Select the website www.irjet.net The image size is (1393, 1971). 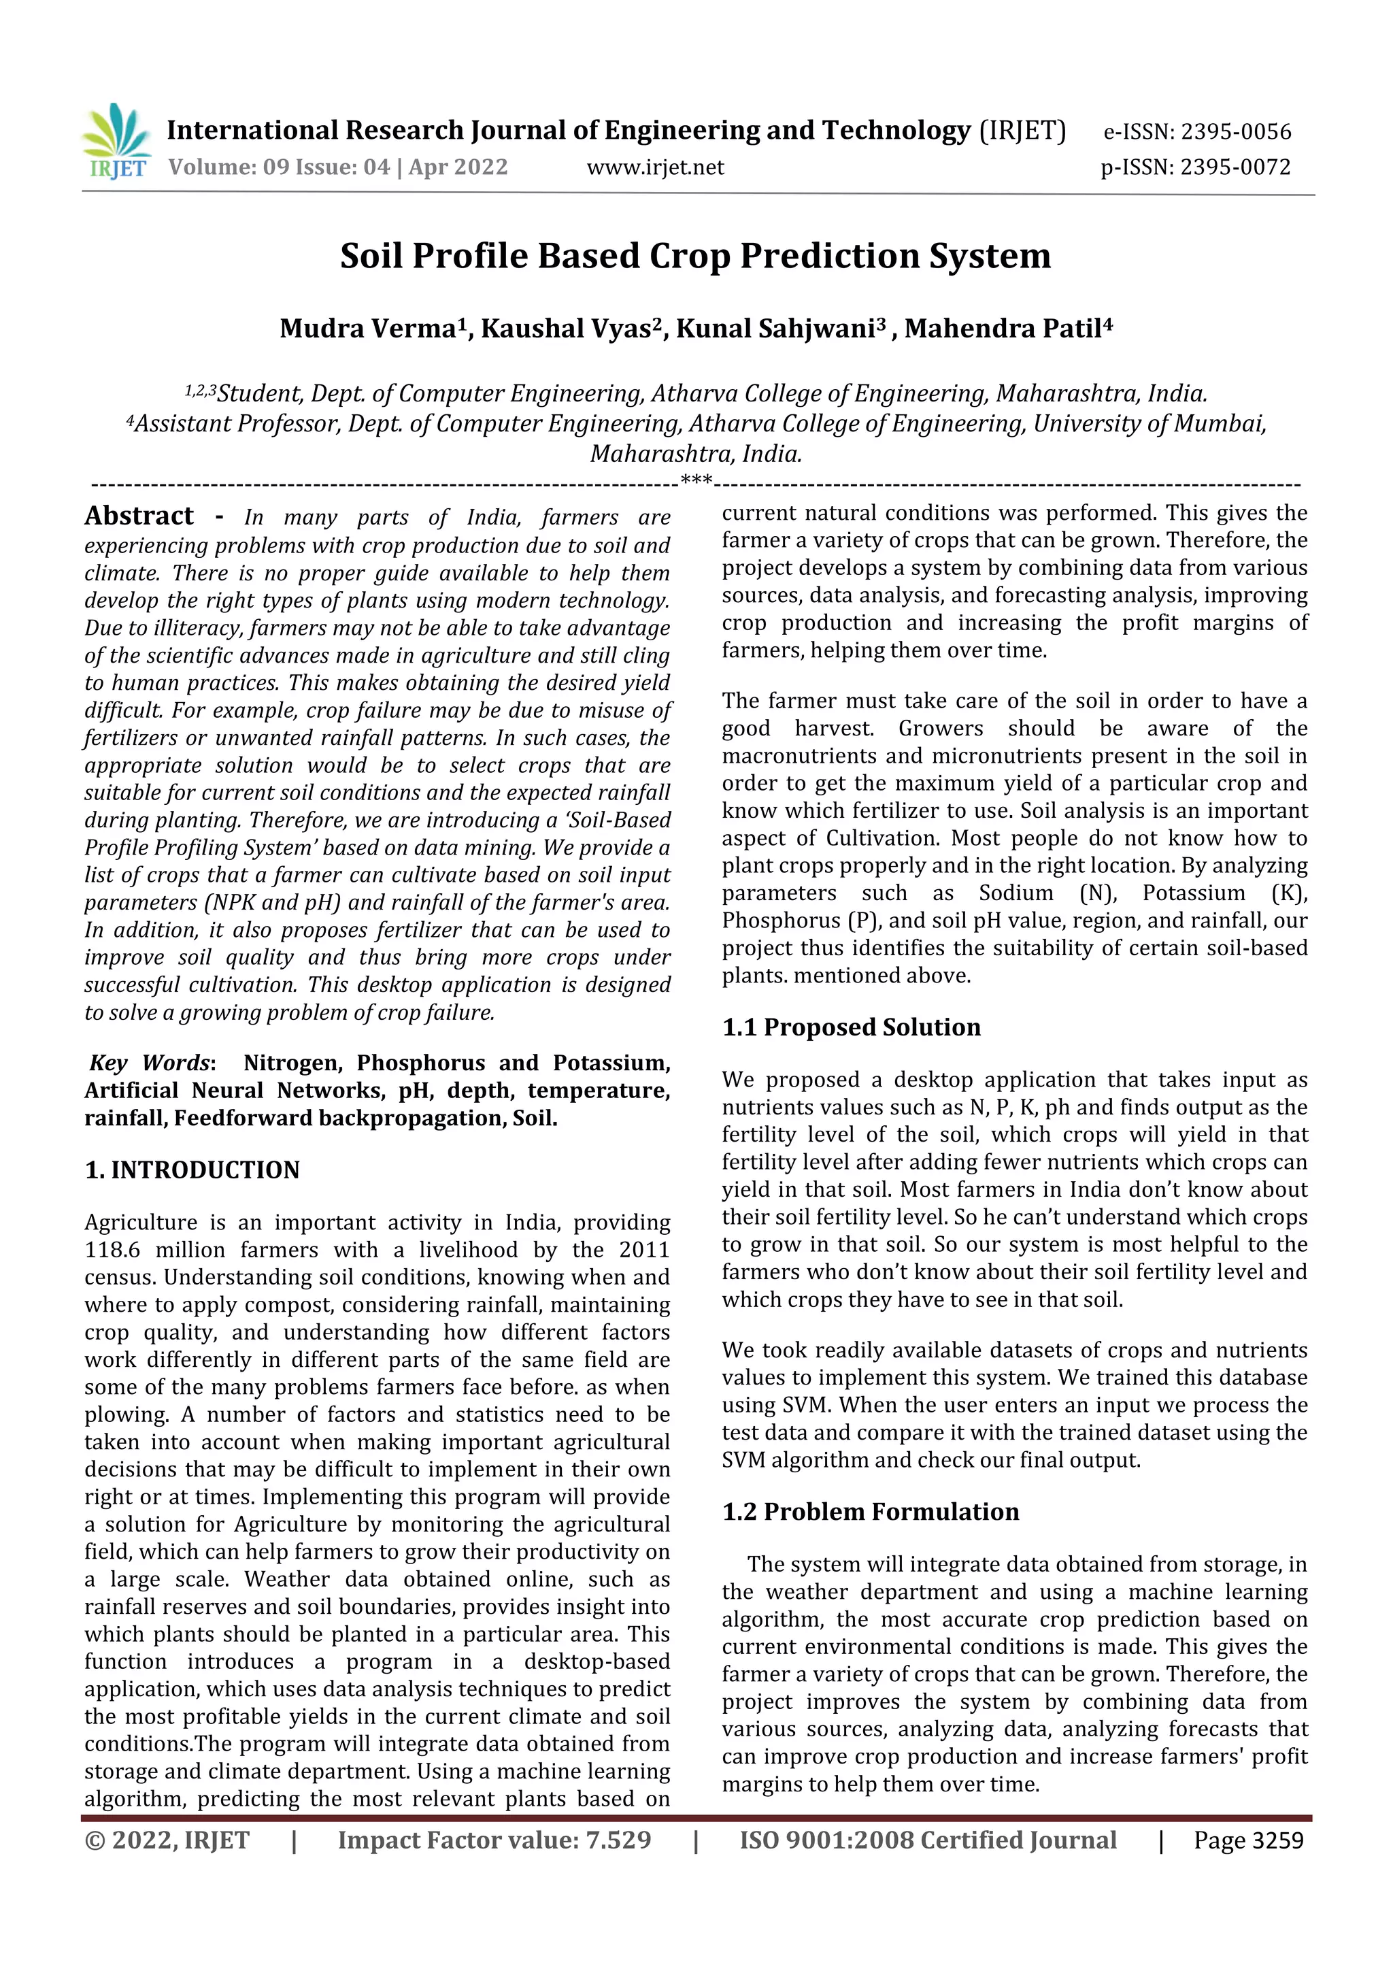[655, 167]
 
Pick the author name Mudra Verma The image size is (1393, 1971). [370, 329]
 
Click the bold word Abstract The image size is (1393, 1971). [139, 516]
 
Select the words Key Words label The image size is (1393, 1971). [150, 1063]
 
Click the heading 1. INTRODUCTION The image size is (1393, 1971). [192, 1170]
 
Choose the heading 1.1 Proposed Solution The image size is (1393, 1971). [851, 1027]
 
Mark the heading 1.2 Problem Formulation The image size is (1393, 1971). [871, 1512]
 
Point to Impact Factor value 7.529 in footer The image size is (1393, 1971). [494, 1840]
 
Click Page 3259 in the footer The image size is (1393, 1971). [1248, 1840]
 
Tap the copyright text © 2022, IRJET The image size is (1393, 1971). [167, 1840]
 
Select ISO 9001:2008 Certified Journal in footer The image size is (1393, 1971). [928, 1840]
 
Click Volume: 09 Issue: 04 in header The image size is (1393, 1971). [279, 167]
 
